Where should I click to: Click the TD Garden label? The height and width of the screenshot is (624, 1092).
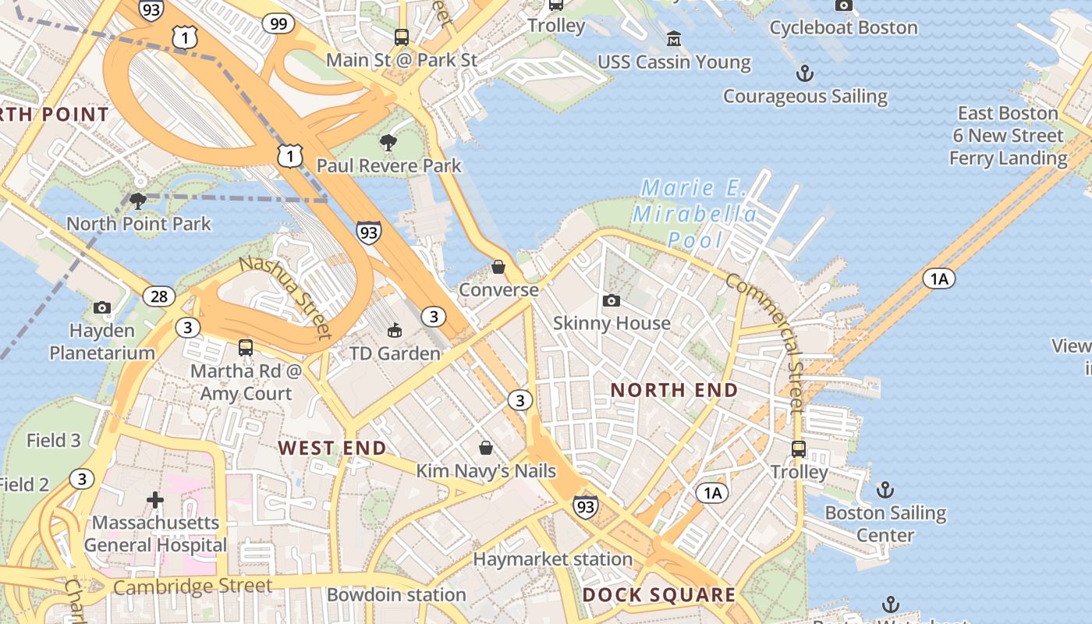[395, 353]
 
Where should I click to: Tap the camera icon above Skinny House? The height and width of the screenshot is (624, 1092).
[612, 300]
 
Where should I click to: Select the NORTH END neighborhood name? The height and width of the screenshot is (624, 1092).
[674, 390]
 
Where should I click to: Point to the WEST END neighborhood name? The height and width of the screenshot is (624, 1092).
[332, 448]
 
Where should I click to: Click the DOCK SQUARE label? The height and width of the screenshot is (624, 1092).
[659, 595]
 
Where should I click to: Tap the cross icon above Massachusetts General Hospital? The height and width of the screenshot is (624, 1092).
[155, 499]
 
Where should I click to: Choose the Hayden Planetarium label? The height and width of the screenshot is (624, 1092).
[102, 342]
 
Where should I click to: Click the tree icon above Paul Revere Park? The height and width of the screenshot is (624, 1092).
[388, 142]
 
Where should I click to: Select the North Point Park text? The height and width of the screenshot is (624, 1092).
[139, 224]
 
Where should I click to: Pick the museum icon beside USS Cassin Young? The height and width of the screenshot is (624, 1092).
[673, 38]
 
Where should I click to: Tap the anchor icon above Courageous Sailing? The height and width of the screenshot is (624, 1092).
[804, 73]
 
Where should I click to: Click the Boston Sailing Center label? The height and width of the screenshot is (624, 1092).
[885, 524]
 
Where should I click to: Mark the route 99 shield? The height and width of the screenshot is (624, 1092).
[278, 23]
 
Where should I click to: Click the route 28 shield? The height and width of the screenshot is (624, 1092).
[159, 296]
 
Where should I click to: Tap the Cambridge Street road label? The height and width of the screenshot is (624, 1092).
[193, 586]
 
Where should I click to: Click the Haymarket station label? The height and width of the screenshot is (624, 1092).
[552, 559]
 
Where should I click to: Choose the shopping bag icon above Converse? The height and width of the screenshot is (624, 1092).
[498, 267]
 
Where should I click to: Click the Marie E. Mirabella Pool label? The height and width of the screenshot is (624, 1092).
[694, 214]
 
